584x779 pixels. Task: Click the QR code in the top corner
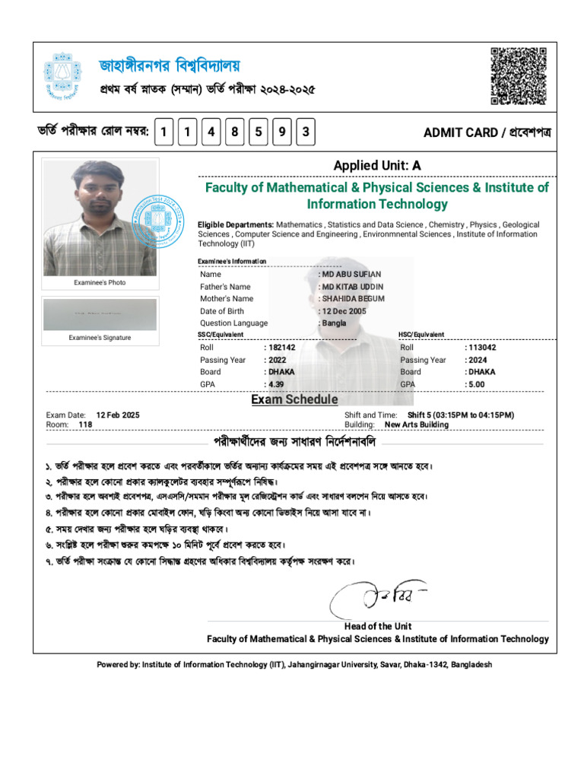click(x=519, y=75)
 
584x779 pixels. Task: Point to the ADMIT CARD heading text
click(x=487, y=133)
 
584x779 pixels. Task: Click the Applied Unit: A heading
click(x=376, y=166)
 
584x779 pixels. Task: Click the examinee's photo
click(x=100, y=217)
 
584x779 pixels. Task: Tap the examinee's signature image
click(x=100, y=314)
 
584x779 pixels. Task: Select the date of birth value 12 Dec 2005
click(x=344, y=311)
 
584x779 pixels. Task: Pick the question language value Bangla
click(x=334, y=323)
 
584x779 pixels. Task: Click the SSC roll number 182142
click(x=281, y=348)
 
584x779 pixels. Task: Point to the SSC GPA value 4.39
click(x=276, y=384)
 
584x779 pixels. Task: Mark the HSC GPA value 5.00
click(x=477, y=384)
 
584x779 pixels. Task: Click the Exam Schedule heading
click(x=295, y=399)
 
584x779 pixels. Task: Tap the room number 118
click(x=85, y=424)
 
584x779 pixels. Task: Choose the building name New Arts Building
click(x=417, y=424)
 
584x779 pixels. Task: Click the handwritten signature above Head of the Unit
click(x=376, y=597)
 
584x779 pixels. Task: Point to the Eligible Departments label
click(x=236, y=225)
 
